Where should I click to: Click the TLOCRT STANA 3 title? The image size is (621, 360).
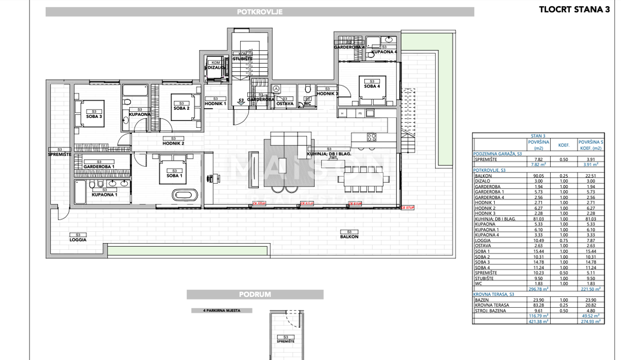[x=574, y=9]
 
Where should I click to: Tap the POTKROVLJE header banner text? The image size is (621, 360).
[x=260, y=12]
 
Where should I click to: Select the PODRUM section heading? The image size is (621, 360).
[x=255, y=294]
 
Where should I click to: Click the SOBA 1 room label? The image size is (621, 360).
[x=174, y=175]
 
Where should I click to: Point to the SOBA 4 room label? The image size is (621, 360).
[x=371, y=86]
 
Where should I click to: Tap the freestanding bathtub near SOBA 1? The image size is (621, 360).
[x=185, y=195]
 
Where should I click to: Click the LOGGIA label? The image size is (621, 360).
[x=78, y=240]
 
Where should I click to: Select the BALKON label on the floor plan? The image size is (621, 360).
[x=349, y=236]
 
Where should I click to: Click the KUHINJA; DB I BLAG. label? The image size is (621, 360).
[x=329, y=154]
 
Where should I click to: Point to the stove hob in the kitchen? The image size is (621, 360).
[x=372, y=137]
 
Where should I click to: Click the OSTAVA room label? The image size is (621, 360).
[x=285, y=103]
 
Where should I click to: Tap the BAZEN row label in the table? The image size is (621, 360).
[x=482, y=300]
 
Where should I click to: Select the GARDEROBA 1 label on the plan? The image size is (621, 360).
[x=99, y=166]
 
